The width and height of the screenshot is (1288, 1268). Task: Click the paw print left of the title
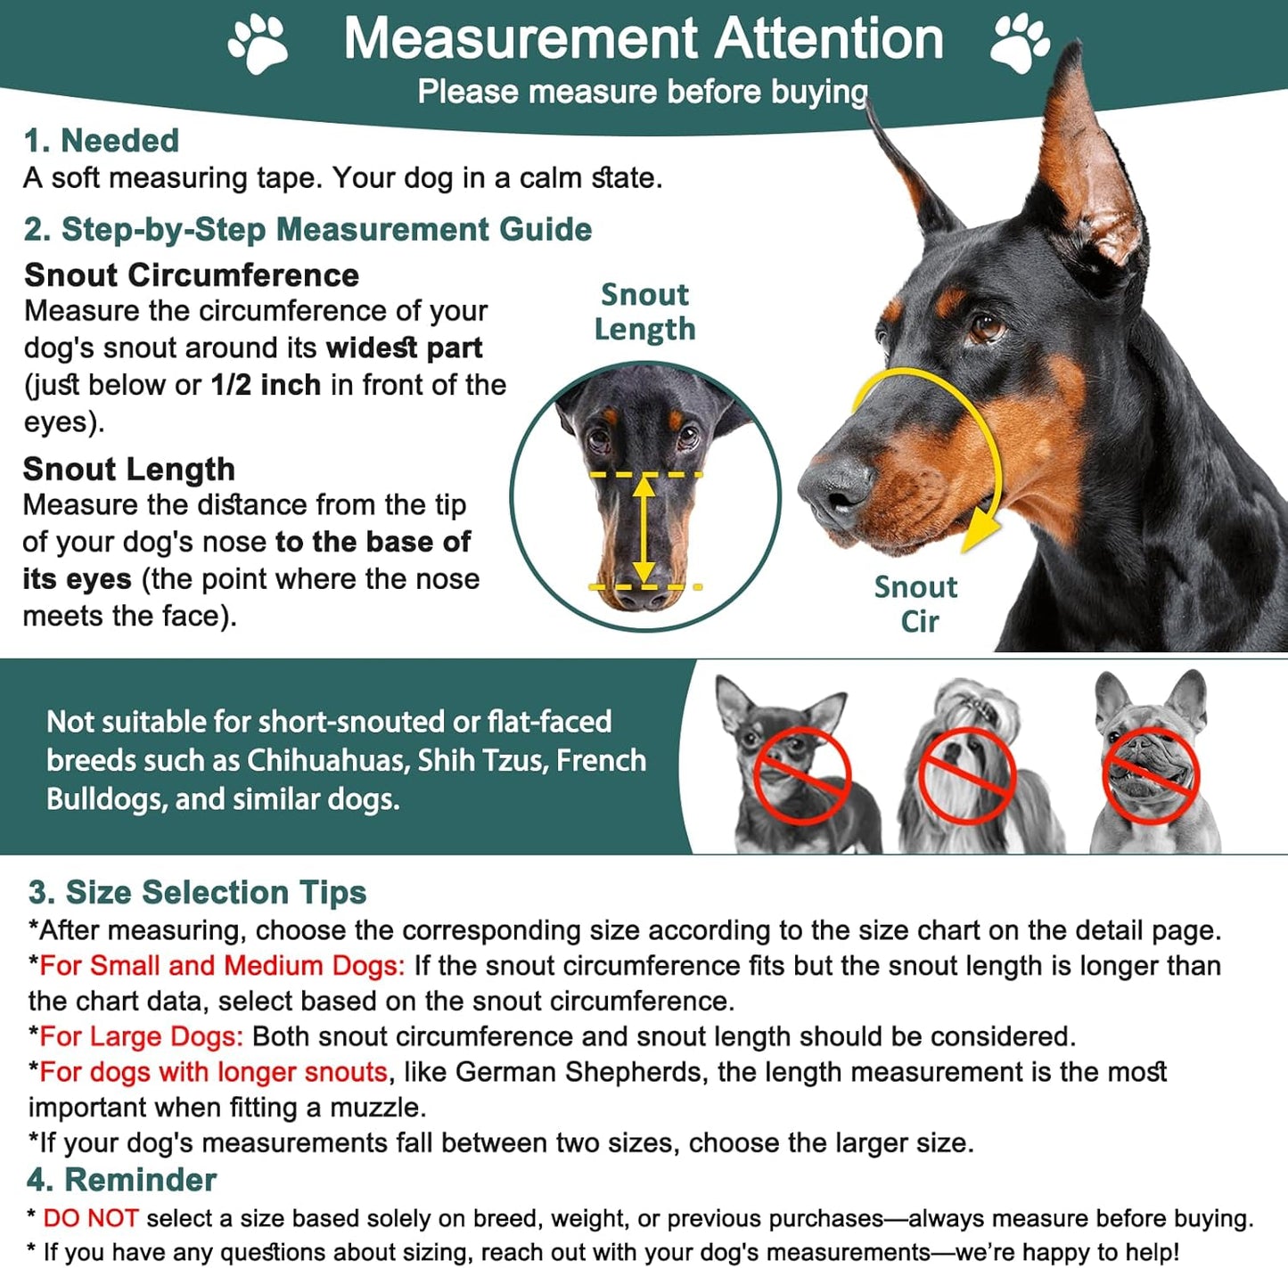tap(258, 43)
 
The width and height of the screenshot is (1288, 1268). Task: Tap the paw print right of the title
tap(1020, 43)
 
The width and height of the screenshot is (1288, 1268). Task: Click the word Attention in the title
tap(828, 39)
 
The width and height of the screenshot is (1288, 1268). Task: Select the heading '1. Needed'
tap(102, 141)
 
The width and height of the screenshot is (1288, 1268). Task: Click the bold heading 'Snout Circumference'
tap(192, 275)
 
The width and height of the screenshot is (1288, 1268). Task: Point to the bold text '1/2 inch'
tap(266, 385)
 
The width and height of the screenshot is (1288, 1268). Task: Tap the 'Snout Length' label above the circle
tap(644, 312)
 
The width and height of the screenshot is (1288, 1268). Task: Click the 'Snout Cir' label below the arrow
tap(916, 603)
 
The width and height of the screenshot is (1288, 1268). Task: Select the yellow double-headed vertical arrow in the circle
tap(644, 530)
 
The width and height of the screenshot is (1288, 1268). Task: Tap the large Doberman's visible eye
tap(986, 327)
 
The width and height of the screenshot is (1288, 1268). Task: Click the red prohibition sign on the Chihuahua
tap(801, 773)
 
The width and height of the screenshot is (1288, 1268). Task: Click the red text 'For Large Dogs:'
tap(141, 1036)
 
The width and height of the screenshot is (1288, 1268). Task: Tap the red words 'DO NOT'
tap(90, 1218)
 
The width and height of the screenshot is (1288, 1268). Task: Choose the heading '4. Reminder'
tap(122, 1180)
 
